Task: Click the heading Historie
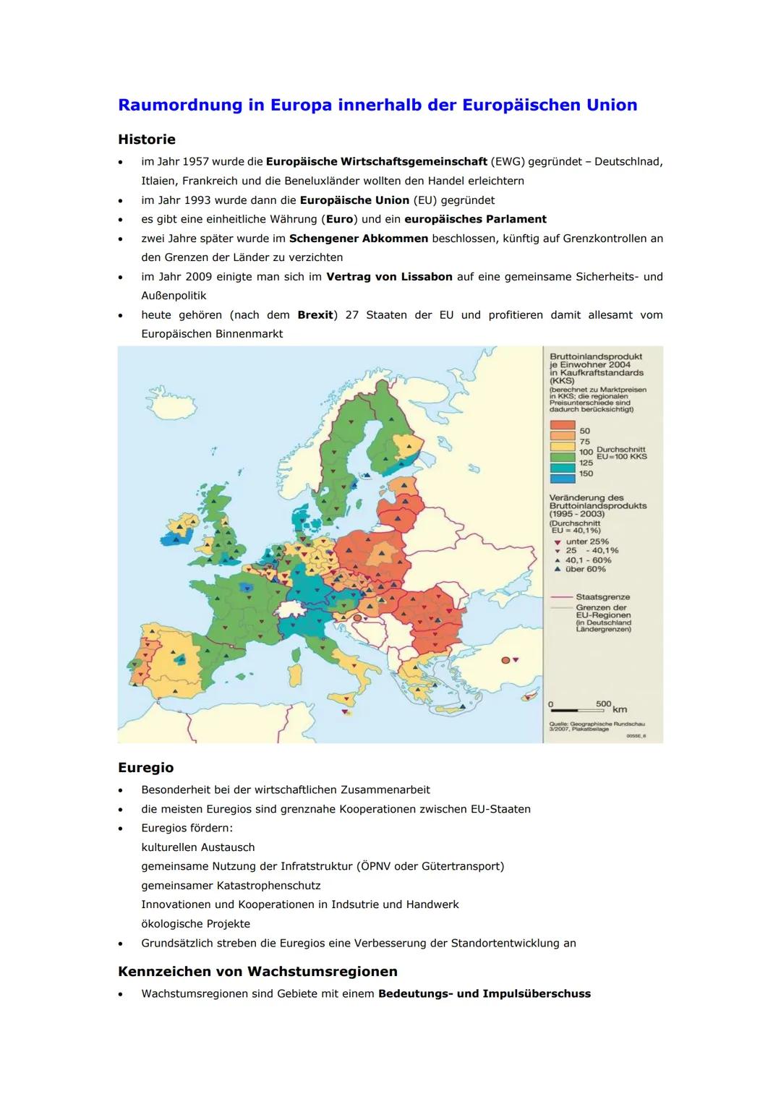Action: click(147, 140)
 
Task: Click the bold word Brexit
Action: click(315, 315)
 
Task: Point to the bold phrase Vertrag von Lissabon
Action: click(389, 277)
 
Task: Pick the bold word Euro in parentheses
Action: click(339, 219)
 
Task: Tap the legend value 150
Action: click(586, 474)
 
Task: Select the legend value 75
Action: click(584, 442)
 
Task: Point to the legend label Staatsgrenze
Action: click(602, 597)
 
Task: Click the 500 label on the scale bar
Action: click(603, 703)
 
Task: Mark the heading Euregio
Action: click(145, 768)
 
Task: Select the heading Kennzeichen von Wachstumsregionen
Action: click(257, 971)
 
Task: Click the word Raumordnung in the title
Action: click(180, 106)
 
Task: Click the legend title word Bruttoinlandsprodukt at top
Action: click(595, 356)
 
